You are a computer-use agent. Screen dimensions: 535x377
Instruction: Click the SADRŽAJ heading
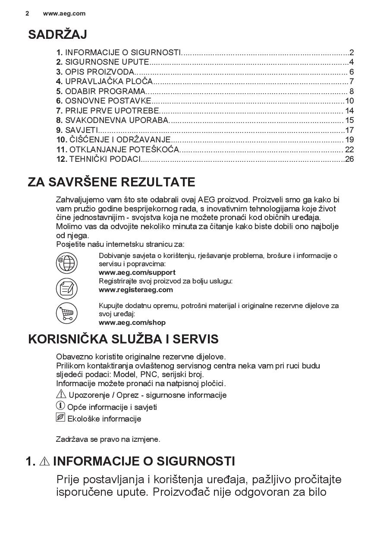(57, 35)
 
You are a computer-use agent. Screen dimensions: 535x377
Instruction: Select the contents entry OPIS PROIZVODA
(99, 72)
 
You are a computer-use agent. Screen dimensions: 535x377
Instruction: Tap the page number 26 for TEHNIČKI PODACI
(349, 159)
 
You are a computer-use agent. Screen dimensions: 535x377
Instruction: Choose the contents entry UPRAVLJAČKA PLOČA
(109, 82)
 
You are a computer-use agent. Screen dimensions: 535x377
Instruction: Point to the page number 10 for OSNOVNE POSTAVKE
(349, 101)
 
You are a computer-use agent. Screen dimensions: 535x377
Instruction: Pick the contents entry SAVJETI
(82, 130)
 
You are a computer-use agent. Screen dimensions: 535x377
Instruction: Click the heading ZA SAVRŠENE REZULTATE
(111, 182)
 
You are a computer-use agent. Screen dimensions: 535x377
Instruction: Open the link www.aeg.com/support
(137, 272)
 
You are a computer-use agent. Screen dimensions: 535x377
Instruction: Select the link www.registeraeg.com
(136, 290)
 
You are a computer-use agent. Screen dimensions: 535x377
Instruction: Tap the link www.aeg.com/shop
(132, 322)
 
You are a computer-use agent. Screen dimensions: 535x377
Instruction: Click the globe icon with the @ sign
(66, 263)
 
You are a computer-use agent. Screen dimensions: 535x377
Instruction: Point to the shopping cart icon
(66, 313)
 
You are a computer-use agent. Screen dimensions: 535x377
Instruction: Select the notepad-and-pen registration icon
(66, 288)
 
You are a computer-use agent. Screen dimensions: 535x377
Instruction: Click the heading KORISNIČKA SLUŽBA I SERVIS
(123, 339)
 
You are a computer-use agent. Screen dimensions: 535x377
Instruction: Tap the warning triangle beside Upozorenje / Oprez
(61, 394)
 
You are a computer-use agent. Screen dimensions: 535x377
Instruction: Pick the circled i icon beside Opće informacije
(60, 406)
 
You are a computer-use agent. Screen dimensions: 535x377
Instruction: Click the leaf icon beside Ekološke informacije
(60, 418)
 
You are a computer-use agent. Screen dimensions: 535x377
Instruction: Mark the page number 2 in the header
(27, 13)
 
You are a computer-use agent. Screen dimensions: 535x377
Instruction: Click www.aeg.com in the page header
(64, 13)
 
